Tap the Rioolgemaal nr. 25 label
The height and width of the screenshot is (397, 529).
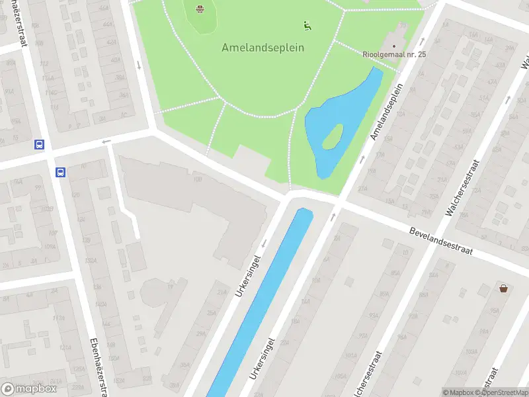tap(394, 54)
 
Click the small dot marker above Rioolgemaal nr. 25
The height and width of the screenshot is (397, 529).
tap(394, 46)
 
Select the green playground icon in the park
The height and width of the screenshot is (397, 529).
tap(307, 26)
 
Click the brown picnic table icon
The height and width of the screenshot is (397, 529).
tap(200, 9)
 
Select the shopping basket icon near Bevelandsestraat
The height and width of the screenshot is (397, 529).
tap(505, 288)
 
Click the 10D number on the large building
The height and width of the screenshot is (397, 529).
tap(197, 179)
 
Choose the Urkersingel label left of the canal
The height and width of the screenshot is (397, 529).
tap(249, 275)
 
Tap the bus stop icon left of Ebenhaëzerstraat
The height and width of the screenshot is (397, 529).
tap(40, 144)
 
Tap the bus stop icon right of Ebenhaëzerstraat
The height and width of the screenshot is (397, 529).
tap(61, 172)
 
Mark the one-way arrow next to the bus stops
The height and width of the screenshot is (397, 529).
tap(106, 141)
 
